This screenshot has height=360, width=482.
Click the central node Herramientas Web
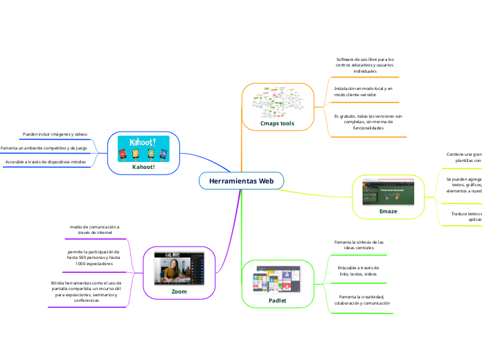point(241,181)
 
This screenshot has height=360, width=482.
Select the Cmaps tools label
point(277,123)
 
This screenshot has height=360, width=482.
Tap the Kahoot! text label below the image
point(143,166)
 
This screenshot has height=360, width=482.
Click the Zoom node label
point(179,291)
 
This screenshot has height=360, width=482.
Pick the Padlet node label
point(277,301)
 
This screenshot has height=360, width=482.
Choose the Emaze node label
point(388,210)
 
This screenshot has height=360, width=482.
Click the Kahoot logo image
point(143,148)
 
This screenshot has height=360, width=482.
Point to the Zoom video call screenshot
point(179,269)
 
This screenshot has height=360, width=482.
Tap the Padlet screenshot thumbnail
point(277,279)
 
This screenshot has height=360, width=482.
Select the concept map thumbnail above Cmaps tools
point(277,102)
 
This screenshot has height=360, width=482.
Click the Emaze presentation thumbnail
point(388,191)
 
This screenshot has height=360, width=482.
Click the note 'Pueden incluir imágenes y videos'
point(55,134)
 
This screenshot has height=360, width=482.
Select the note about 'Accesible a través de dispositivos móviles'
point(46,162)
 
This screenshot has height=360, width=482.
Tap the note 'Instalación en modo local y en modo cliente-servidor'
point(364,91)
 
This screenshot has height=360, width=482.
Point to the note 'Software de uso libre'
point(365,65)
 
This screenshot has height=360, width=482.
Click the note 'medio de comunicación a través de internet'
point(94,230)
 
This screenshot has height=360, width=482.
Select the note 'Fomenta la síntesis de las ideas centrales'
point(359,244)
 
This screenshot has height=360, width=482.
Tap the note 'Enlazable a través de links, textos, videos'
point(358,271)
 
